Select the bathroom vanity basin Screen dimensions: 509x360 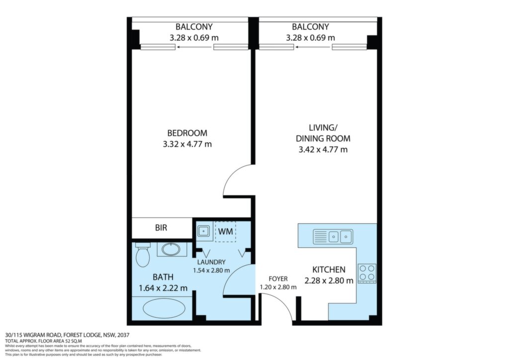click(x=171, y=249)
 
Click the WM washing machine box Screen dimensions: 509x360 click(x=225, y=231)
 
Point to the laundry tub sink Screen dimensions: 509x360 click(x=203, y=231)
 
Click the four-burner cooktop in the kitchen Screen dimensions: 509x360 click(x=367, y=272)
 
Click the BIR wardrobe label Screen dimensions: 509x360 click(x=161, y=228)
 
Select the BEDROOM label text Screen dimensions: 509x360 click(x=187, y=133)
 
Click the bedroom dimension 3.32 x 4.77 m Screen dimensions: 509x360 click(x=187, y=144)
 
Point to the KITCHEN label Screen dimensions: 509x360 click(x=329, y=270)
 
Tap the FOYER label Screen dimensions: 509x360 click(x=278, y=279)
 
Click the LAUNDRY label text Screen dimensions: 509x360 click(x=211, y=262)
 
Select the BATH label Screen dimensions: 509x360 click(x=163, y=277)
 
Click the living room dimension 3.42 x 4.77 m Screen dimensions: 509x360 click(x=323, y=150)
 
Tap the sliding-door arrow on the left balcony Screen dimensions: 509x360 click(x=194, y=47)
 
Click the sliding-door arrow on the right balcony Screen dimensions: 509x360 click(x=313, y=47)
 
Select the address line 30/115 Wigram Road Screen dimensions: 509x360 click(x=68, y=335)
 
